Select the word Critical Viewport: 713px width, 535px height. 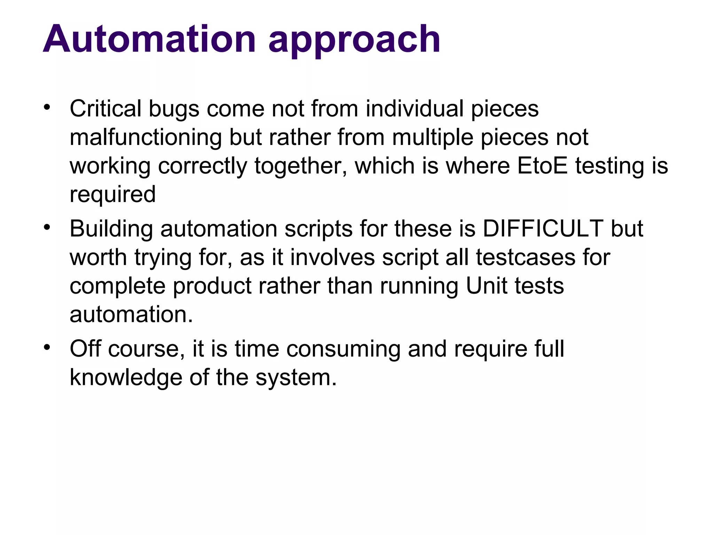(105, 109)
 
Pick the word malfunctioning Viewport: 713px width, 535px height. (146, 137)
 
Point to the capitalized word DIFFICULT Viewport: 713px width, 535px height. (543, 229)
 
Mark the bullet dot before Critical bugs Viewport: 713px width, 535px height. (47, 107)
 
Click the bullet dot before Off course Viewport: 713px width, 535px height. (47, 347)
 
